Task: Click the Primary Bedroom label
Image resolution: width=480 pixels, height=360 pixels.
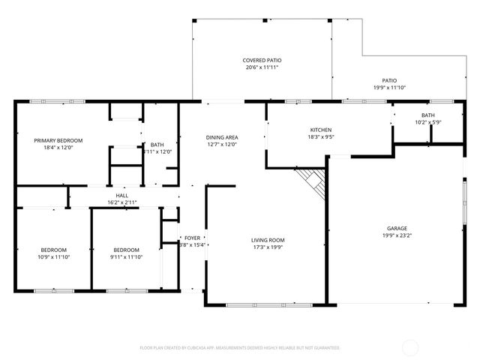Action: click(58, 140)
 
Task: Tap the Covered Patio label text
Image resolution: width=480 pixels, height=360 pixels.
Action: click(262, 60)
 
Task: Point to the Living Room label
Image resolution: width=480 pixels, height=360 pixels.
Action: click(268, 240)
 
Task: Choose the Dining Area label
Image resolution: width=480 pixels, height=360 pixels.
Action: click(222, 137)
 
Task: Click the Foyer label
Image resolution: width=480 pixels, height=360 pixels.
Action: click(192, 238)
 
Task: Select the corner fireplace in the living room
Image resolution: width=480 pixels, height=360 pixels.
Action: click(312, 183)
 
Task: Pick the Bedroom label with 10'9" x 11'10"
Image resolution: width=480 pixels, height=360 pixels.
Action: click(54, 250)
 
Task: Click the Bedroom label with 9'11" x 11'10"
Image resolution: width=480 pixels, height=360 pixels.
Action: click(126, 250)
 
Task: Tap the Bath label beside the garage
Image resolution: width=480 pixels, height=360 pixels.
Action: click(427, 115)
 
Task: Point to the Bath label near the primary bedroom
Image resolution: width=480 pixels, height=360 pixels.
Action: click(157, 145)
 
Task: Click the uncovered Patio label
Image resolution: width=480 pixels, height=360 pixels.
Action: click(389, 80)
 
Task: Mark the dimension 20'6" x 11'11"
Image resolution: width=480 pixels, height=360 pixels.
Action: click(262, 67)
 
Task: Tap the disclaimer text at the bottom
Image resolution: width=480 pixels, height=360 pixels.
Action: click(240, 348)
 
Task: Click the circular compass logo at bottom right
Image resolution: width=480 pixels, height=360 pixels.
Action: click(410, 347)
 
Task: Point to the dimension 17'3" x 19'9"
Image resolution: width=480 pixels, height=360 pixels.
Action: click(268, 247)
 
